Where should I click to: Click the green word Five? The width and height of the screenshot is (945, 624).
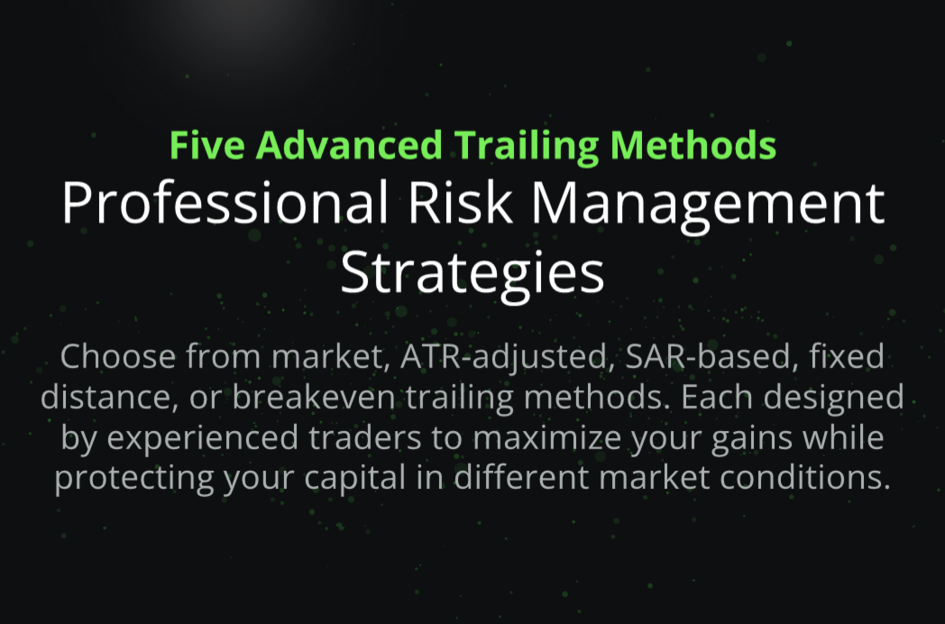coord(206,145)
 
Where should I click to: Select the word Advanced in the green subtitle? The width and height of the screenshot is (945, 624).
coord(349,145)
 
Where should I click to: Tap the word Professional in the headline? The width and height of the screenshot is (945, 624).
coord(225,203)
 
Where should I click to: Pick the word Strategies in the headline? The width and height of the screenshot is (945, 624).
coord(472,272)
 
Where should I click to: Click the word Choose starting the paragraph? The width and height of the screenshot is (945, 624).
coord(117,355)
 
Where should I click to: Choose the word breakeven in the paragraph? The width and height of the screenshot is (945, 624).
coord(314,397)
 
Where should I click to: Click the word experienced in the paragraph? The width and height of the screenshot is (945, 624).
coord(203,437)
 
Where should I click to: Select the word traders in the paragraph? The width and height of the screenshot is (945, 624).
coord(364,437)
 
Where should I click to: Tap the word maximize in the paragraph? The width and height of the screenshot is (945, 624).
coord(546,437)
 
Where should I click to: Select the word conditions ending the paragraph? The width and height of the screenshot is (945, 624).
coord(805,478)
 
